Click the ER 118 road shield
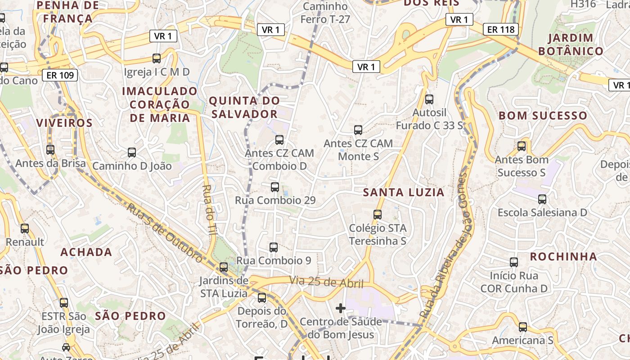[x=501, y=30]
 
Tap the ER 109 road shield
[x=60, y=75]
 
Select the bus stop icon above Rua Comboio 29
[x=275, y=187]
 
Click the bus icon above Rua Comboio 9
[x=274, y=247]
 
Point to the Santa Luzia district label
[x=404, y=193]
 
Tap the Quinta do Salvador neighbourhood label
[x=244, y=107]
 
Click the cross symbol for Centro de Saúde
[x=341, y=308]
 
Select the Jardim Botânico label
[x=571, y=44]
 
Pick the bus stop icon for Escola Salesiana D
[x=542, y=199]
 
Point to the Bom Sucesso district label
[x=543, y=116]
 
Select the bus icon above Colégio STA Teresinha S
[x=378, y=215]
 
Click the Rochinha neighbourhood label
[x=563, y=257]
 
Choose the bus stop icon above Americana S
[x=522, y=327]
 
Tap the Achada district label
[x=86, y=252]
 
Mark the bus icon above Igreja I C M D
[x=157, y=58]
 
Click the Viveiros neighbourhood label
[x=64, y=123]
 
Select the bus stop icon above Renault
[x=25, y=229]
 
